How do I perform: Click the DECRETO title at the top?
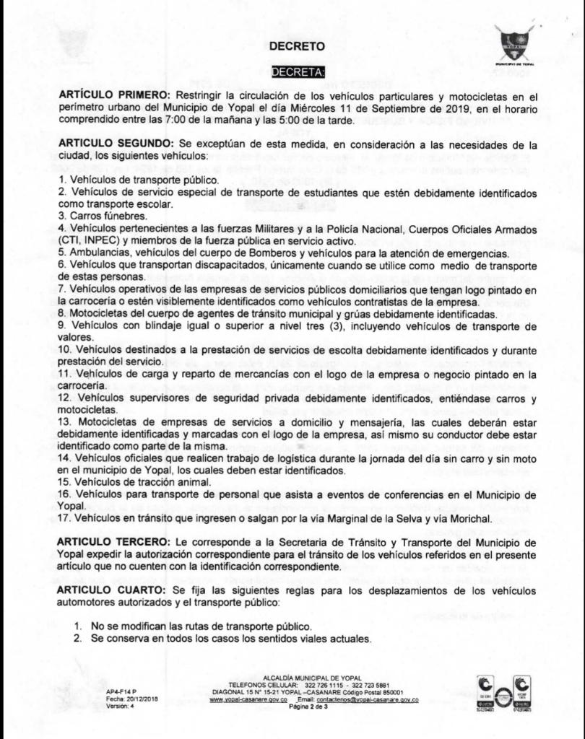tap(298, 46)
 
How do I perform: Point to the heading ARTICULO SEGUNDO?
tap(113, 144)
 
